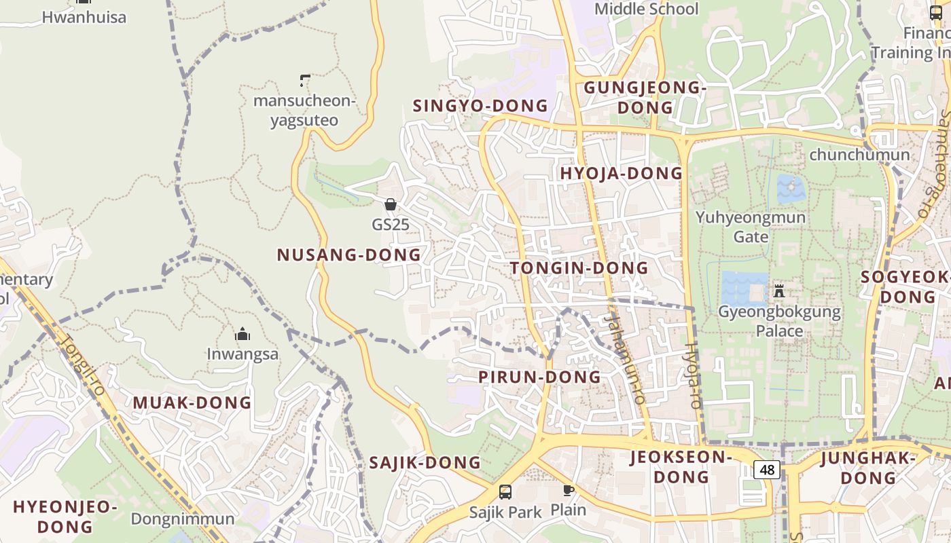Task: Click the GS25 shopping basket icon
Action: pos(391,204)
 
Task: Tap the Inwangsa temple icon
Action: pos(243,334)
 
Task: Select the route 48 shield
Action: pos(767,469)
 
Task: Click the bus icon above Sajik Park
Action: pos(505,492)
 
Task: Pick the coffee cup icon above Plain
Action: pos(568,490)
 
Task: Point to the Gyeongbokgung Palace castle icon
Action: pos(779,291)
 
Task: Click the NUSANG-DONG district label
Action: pos(348,255)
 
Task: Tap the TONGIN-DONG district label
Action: pos(579,268)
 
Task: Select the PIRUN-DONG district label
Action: pos(539,377)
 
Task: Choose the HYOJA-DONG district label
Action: pos(621,173)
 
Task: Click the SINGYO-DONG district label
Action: pos(480,106)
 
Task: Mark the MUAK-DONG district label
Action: pos(192,402)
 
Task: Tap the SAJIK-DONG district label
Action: pos(425,463)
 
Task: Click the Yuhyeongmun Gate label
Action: pos(751,227)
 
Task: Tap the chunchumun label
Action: pos(859,155)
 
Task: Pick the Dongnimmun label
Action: pos(183,519)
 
